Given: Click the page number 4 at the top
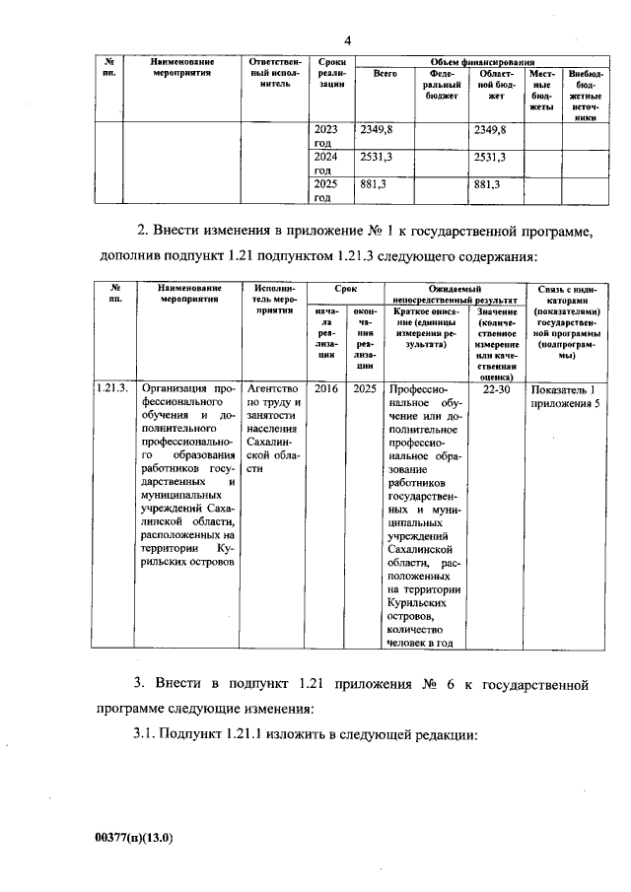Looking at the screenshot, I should (x=348, y=39).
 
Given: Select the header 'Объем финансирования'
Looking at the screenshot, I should (x=472, y=62).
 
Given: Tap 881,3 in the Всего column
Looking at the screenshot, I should (x=373, y=184).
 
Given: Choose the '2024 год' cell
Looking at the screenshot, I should (x=325, y=164).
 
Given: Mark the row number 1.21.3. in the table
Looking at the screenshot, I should (x=113, y=388).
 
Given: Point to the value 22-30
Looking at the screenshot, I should (x=497, y=388).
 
